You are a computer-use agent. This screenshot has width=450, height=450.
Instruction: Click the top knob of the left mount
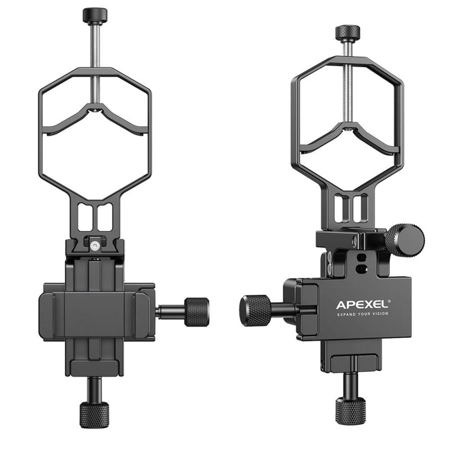[95, 15]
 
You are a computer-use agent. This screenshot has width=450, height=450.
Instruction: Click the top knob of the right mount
[348, 33]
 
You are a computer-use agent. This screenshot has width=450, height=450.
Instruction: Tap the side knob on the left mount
[196, 312]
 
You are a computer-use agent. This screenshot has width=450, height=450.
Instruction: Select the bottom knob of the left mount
[94, 415]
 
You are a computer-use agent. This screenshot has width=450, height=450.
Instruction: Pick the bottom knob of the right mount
[350, 411]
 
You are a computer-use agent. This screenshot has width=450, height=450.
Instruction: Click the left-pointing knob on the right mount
[255, 310]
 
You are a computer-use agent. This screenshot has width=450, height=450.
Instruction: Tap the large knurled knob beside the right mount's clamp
[404, 239]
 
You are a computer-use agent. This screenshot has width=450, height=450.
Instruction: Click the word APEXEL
[361, 304]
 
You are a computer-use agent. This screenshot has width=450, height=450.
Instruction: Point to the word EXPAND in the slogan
[346, 314]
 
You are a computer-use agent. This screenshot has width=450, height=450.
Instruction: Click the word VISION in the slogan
[380, 314]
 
